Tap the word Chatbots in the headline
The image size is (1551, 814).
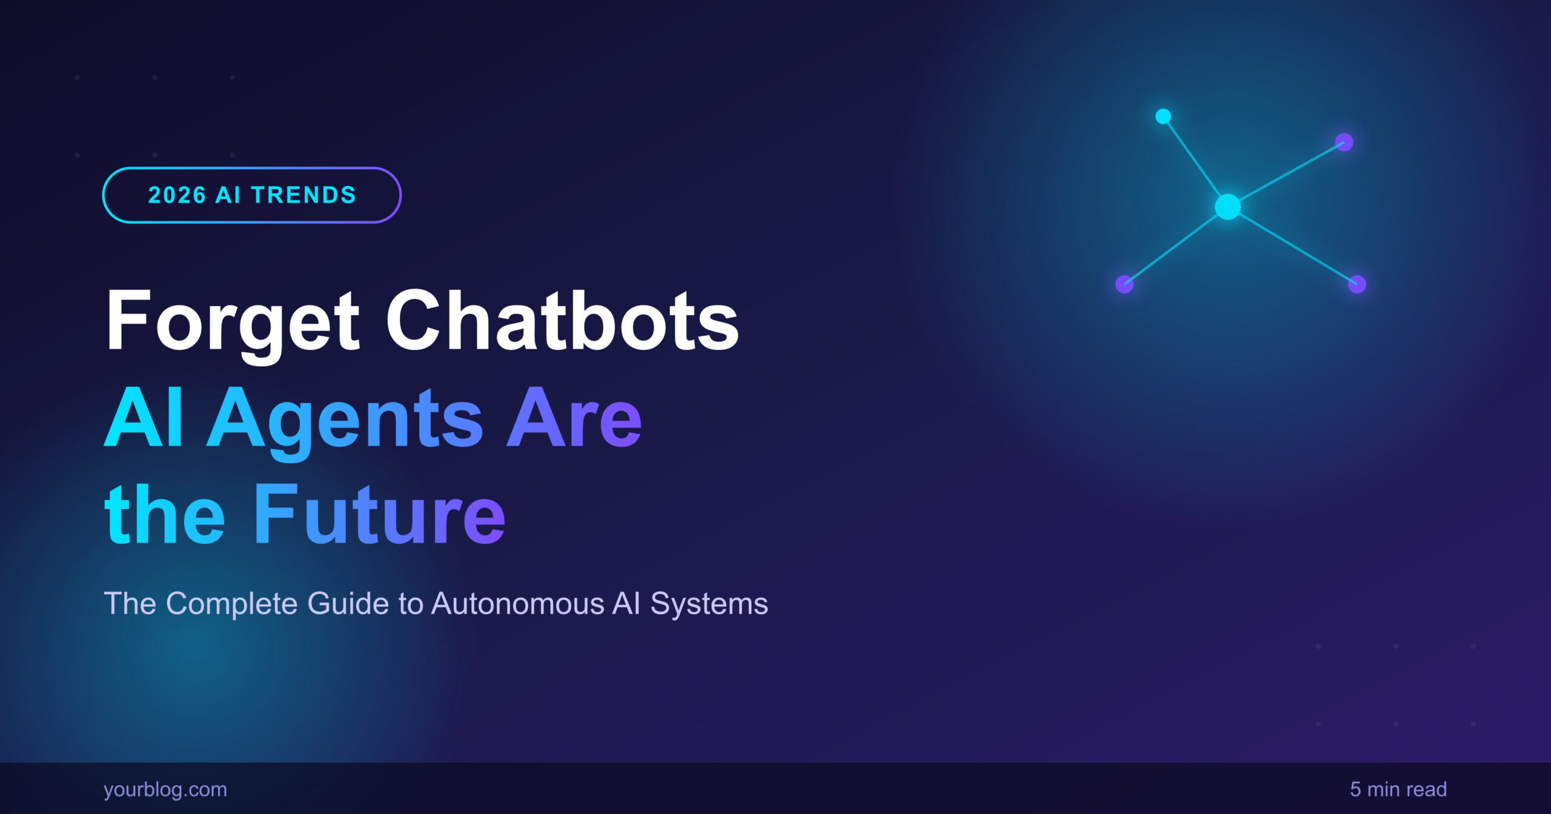[x=563, y=319]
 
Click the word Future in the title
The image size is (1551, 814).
[x=379, y=514]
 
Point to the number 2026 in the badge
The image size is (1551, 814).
[x=178, y=195]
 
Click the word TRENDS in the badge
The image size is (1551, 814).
[x=304, y=195]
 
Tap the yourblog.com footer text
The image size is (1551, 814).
[x=165, y=789]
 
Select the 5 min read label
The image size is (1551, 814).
[x=1398, y=789]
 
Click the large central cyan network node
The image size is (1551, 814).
[x=1228, y=207]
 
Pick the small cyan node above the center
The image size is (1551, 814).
[x=1163, y=116]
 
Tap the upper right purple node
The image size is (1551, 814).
[x=1344, y=142]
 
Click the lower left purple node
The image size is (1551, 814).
[x=1124, y=284]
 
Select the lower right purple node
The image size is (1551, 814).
[x=1357, y=284]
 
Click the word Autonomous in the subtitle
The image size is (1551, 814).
[x=518, y=604]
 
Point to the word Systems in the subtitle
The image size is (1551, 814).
[x=709, y=605]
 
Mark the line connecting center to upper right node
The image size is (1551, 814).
[x=1286, y=175]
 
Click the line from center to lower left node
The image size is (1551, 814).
[x=1176, y=245]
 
